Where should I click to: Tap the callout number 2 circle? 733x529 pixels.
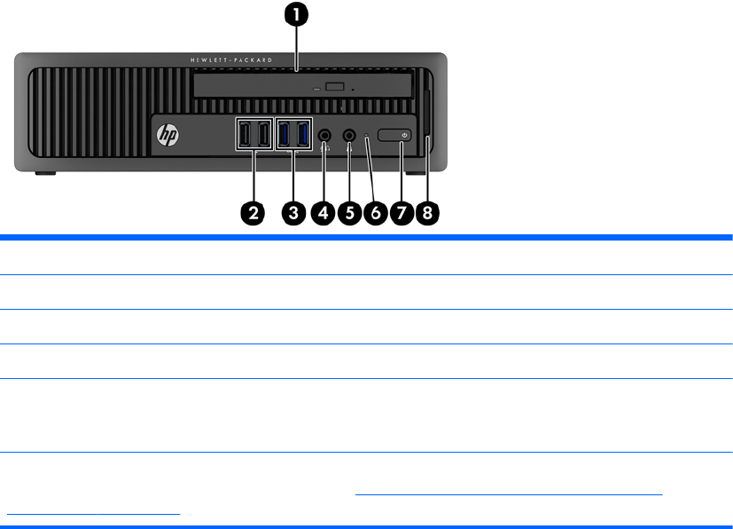point(253,213)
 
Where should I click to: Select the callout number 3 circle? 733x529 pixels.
point(293,213)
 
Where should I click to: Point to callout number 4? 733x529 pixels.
point(324,213)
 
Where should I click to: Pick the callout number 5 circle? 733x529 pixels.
point(349,213)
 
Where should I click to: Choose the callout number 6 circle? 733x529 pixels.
point(375,213)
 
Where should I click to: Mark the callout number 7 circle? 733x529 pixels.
point(402,213)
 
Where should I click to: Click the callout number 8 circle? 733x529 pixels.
point(428,213)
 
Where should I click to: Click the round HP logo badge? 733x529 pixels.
point(168,135)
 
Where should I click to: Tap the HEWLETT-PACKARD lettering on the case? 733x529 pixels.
point(243,60)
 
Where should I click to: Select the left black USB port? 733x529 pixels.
point(245,135)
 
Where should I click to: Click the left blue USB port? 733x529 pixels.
point(285,135)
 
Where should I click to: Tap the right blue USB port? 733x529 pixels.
point(303,135)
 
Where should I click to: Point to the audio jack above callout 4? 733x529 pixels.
point(325,135)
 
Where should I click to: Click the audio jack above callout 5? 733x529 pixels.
point(349,135)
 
